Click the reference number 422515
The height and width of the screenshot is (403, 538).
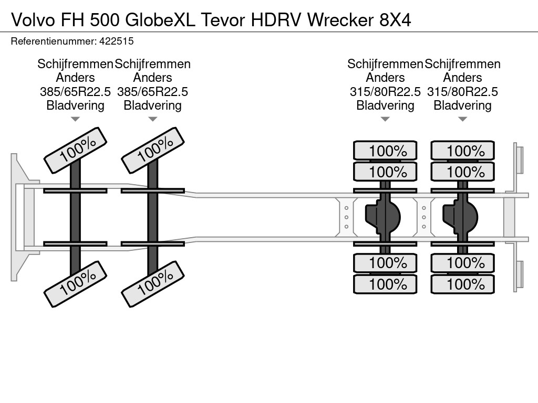(x=116, y=41)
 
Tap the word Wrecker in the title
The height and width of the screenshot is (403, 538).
(x=340, y=20)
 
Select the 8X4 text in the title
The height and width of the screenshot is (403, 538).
(x=395, y=20)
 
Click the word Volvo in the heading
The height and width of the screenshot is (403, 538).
(x=33, y=20)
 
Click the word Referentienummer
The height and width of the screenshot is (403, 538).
(x=54, y=41)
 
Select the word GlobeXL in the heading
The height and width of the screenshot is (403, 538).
(x=160, y=20)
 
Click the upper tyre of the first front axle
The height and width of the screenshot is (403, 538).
(x=76, y=150)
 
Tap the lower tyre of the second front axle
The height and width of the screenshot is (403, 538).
(x=153, y=284)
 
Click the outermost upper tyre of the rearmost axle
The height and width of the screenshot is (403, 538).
(x=462, y=151)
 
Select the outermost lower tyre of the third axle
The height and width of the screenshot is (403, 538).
(x=385, y=284)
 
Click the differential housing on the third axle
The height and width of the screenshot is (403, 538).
(x=382, y=217)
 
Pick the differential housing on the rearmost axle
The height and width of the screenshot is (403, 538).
(x=460, y=217)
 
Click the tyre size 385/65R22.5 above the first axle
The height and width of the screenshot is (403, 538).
(x=75, y=91)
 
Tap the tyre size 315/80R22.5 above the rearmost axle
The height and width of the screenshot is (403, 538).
(x=462, y=91)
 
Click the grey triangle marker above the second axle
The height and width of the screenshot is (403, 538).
(x=153, y=119)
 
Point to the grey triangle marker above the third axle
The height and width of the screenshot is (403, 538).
(x=385, y=119)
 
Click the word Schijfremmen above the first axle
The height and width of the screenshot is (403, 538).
(x=75, y=63)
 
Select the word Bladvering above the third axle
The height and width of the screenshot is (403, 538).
(x=385, y=105)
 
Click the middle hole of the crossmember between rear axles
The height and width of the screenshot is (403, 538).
(x=424, y=217)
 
